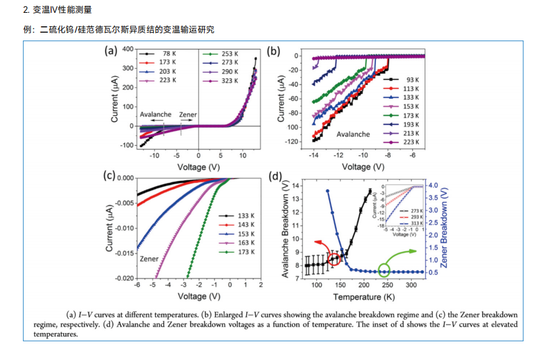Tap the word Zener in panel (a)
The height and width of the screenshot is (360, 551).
click(188, 114)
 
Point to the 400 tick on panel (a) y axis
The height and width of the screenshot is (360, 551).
click(127, 49)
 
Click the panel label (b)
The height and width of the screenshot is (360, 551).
click(274, 51)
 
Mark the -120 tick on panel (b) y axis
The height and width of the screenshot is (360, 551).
click(292, 141)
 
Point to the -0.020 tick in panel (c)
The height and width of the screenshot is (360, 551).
click(123, 279)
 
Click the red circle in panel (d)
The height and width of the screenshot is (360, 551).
click(334, 259)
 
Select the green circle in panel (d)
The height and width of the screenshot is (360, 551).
click(384, 271)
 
